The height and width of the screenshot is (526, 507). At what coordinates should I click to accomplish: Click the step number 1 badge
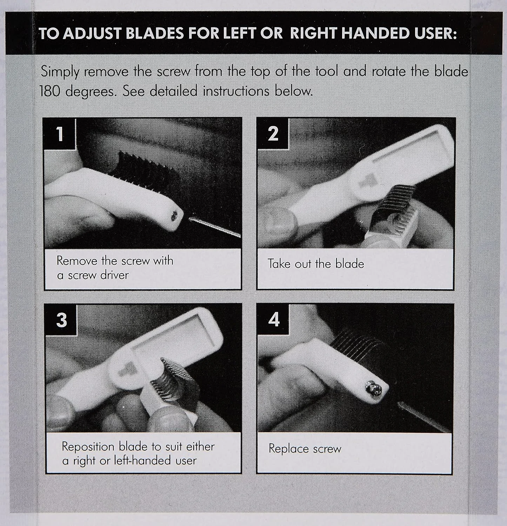(60, 134)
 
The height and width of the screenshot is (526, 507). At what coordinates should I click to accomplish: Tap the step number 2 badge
(273, 134)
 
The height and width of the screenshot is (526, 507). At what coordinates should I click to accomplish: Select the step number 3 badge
(61, 320)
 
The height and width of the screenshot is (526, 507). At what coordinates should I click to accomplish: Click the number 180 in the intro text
(51, 92)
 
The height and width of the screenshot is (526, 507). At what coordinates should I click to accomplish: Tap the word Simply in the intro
(60, 72)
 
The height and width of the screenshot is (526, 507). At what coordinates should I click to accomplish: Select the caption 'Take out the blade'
(316, 264)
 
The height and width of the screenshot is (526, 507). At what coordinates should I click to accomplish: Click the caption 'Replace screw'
(305, 449)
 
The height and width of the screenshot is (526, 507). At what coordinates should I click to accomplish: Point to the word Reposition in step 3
(88, 447)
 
